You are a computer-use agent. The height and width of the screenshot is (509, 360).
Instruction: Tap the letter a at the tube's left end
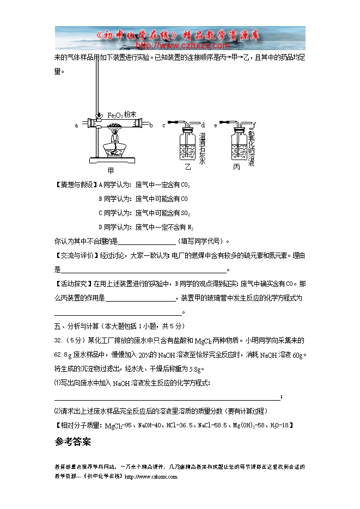coord(77,125)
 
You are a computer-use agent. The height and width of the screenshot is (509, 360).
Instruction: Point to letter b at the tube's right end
coord(151,125)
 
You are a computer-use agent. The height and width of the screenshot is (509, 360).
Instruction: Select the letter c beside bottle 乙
coord(163,125)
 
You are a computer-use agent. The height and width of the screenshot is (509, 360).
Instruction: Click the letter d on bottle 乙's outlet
coord(203,125)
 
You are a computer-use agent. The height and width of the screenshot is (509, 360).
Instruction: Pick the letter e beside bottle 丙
coord(216,125)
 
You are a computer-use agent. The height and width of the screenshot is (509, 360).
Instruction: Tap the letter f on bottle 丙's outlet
coord(254,125)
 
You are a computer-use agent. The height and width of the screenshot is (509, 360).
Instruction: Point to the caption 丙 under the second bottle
coord(236,167)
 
